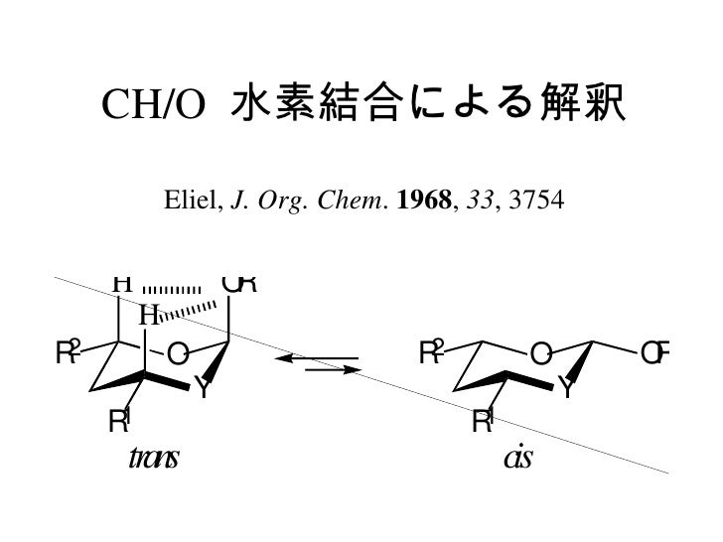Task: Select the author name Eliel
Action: point(195,204)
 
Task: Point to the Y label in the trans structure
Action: point(202,388)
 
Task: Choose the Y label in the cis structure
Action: point(566,388)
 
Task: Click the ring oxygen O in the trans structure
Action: point(177,353)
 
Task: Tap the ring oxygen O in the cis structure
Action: point(540,353)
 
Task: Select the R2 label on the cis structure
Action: point(432,351)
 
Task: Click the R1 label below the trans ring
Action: point(119,422)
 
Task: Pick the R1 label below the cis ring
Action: point(483,422)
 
